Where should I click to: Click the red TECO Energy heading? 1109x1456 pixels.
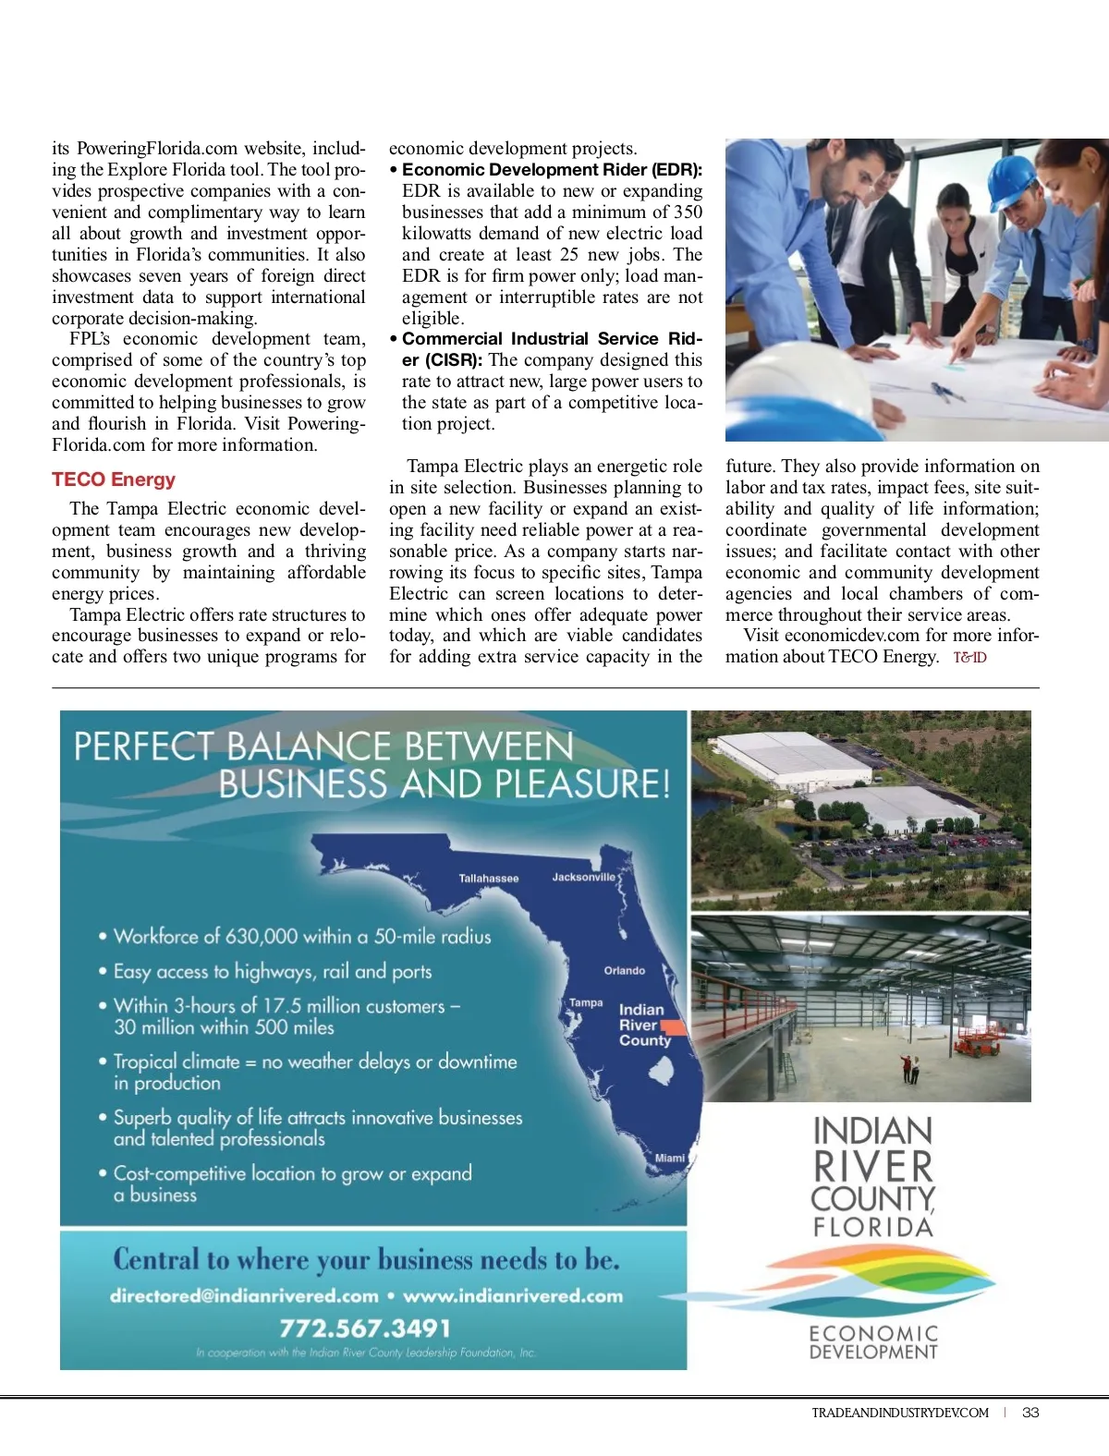pyautogui.click(x=114, y=479)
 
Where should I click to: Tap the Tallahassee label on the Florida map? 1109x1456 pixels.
pyautogui.click(x=489, y=878)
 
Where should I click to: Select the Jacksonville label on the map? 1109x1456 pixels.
pyautogui.click(x=583, y=877)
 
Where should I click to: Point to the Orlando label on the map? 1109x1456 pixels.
pyautogui.click(x=625, y=970)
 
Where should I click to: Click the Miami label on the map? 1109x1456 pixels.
pyautogui.click(x=670, y=1158)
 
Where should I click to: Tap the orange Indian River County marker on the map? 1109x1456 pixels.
pyautogui.click(x=673, y=1027)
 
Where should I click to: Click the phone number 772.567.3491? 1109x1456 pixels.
pyautogui.click(x=365, y=1329)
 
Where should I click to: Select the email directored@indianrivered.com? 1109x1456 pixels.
pyautogui.click(x=244, y=1295)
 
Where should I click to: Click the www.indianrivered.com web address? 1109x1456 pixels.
pyautogui.click(x=513, y=1295)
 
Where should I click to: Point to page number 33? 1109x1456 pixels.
pyautogui.click(x=1030, y=1413)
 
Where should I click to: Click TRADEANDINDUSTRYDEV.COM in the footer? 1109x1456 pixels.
pyautogui.click(x=900, y=1413)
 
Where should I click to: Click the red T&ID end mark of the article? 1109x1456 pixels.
pyautogui.click(x=969, y=658)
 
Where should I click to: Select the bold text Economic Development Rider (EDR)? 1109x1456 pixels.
pyautogui.click(x=552, y=170)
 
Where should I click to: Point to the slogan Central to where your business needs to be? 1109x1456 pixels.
pyautogui.click(x=366, y=1259)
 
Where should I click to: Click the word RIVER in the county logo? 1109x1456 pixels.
pyautogui.click(x=873, y=1166)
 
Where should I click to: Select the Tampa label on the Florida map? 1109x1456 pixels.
pyautogui.click(x=586, y=1002)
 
